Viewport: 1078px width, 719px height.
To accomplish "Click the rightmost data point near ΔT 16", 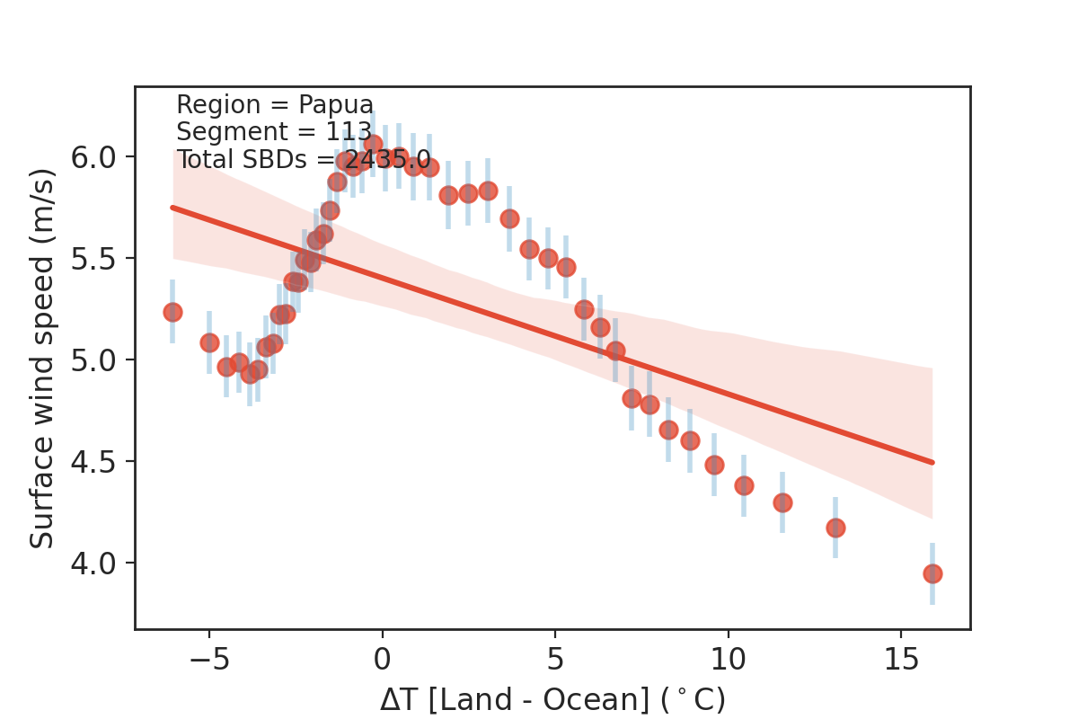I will click(x=932, y=573).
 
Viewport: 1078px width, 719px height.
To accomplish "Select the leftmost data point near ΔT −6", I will click(x=172, y=312).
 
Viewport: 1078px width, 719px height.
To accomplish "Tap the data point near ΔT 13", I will click(x=835, y=528).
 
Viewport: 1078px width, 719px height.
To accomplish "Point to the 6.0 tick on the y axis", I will click(x=93, y=157).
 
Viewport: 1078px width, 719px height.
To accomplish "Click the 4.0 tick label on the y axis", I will click(x=93, y=564).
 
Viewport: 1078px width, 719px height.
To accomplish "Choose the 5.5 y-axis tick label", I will click(x=93, y=259).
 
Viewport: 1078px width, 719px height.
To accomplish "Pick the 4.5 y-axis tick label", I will click(x=93, y=462).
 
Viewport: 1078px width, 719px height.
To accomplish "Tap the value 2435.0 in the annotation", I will click(x=387, y=160).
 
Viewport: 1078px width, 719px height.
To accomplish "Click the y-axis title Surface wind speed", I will click(x=42, y=358).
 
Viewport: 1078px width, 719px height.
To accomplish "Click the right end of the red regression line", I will click(x=932, y=462).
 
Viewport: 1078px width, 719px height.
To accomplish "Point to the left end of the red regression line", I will click(x=172, y=208).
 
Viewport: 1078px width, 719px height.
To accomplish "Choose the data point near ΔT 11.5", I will click(x=782, y=502).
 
